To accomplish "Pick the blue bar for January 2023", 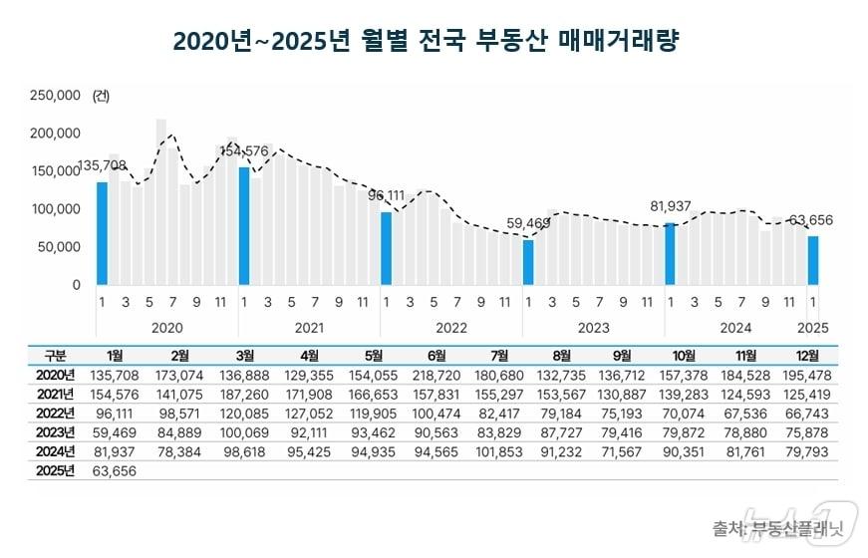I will click(x=528, y=262).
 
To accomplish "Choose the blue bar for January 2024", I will click(x=671, y=253).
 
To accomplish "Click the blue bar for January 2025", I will click(x=813, y=260).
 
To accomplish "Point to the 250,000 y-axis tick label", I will click(x=56, y=96).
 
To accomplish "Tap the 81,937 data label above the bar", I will click(x=671, y=206).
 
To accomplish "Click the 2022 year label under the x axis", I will click(x=451, y=327).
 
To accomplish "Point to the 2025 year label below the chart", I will click(x=814, y=327).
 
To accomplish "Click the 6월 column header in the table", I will click(x=435, y=355).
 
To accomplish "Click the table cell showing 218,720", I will click(x=435, y=374).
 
